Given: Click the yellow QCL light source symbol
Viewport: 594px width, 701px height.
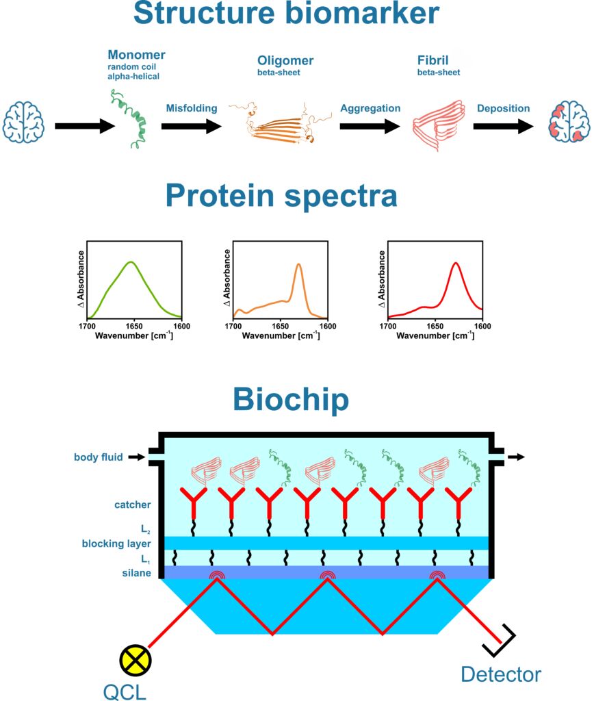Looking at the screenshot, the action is tap(135, 661).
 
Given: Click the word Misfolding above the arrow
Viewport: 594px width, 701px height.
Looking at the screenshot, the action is tap(192, 108).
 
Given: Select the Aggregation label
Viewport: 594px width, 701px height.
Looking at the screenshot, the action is tap(370, 108).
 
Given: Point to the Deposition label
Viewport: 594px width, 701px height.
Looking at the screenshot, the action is tap(503, 108).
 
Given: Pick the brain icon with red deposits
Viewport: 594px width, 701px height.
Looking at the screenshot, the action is tap(569, 122).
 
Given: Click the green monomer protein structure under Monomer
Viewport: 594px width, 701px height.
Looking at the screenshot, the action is tap(129, 118).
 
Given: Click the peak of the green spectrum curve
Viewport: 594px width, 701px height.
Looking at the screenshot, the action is tap(131, 262).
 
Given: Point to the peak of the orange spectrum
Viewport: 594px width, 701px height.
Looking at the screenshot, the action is tap(298, 264).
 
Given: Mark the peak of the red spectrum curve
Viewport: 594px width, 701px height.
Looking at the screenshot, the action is tap(456, 263).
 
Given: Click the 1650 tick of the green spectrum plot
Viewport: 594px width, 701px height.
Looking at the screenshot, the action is tap(134, 326).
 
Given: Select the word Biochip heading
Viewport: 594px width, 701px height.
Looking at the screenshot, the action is tap(291, 399).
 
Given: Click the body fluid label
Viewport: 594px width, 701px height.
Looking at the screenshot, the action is tap(99, 457).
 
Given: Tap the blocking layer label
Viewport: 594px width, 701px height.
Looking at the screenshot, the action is tap(116, 544).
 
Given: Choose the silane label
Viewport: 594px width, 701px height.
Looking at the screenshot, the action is tap(136, 573).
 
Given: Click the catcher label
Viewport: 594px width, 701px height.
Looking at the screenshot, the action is tap(132, 505).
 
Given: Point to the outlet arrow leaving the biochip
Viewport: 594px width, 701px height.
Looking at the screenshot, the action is tap(516, 457).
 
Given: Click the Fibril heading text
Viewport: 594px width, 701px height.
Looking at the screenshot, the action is tap(432, 60).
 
